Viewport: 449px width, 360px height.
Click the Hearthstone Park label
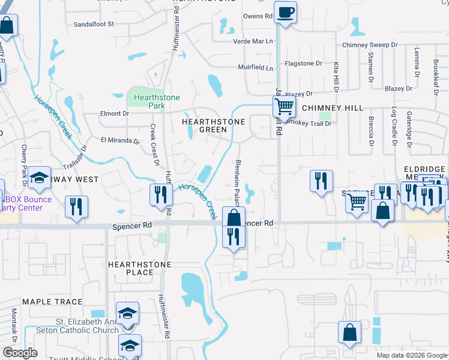point(149,101)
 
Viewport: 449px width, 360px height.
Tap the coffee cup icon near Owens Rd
point(286,12)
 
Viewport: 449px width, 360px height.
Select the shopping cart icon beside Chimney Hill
point(283,108)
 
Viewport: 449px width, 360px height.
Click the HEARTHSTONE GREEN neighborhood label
point(213,125)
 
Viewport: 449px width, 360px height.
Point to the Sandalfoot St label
point(93,24)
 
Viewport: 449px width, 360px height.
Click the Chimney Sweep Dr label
point(370,45)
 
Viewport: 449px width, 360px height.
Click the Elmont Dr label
point(114,113)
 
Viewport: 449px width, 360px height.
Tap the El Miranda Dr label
point(119,142)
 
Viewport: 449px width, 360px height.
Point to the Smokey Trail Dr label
point(310,122)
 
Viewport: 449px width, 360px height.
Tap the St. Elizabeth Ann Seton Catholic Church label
point(88,326)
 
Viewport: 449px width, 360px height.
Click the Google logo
point(20,353)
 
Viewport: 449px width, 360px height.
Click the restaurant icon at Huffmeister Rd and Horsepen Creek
point(160,195)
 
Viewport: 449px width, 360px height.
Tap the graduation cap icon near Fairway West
point(40,179)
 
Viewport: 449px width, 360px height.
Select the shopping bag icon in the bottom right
point(349,334)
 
